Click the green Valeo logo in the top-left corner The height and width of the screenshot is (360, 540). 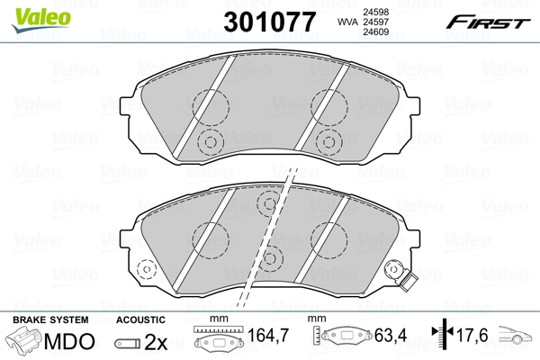(x=29, y=12)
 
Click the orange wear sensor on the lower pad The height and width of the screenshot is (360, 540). (x=394, y=272)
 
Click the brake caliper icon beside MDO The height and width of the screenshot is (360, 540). (x=24, y=342)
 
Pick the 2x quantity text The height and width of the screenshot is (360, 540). (x=155, y=342)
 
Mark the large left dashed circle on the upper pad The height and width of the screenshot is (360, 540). (x=212, y=106)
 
